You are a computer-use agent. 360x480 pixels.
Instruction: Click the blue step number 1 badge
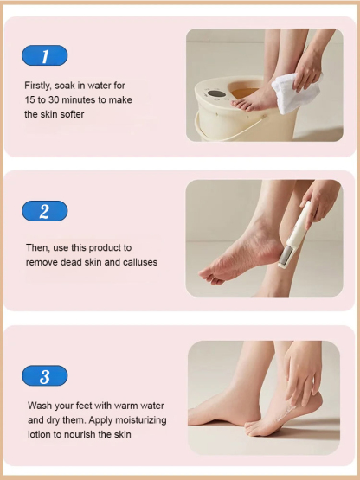[44, 56]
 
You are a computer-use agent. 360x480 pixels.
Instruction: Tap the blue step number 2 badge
[44, 211]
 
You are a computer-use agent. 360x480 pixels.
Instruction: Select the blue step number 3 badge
[44, 376]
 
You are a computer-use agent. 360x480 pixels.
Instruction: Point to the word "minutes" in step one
[76, 99]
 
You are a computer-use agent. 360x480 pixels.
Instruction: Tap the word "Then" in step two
[36, 247]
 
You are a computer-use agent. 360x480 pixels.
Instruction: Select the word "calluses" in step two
[140, 262]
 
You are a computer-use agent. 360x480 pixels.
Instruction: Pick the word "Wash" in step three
[38, 406]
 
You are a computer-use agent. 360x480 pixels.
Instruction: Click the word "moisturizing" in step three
[138, 419]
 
